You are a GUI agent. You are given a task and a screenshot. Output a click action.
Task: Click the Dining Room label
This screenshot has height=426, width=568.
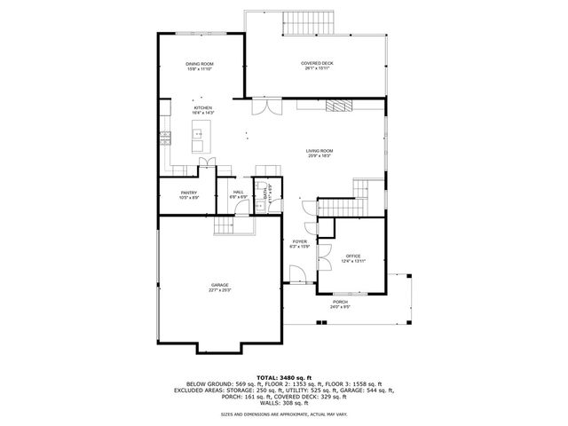[x=200, y=66]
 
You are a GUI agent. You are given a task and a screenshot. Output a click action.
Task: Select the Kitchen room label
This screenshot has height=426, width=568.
[x=203, y=110]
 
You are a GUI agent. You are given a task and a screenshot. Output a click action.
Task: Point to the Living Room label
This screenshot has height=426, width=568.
[x=319, y=154]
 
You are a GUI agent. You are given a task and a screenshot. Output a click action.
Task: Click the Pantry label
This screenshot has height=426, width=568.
[x=188, y=194]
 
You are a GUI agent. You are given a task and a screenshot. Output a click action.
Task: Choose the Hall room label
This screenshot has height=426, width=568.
[x=239, y=194]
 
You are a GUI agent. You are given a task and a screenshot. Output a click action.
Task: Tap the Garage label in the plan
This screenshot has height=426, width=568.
[x=220, y=287]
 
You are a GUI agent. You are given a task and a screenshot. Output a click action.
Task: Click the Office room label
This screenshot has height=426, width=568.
[x=353, y=257]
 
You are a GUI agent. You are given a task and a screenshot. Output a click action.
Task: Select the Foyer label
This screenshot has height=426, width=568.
[x=300, y=243]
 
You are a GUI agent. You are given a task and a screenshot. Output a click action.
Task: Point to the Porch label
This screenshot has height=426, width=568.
[x=340, y=304]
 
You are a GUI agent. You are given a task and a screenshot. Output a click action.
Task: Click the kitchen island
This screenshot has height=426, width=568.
[x=197, y=139]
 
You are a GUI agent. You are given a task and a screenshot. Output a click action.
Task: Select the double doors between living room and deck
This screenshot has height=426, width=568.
[x=261, y=106]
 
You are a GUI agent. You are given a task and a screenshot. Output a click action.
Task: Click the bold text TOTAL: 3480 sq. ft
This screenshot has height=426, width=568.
[x=283, y=376]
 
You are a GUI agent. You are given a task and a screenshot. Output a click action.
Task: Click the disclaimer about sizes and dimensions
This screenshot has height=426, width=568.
[x=283, y=414]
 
